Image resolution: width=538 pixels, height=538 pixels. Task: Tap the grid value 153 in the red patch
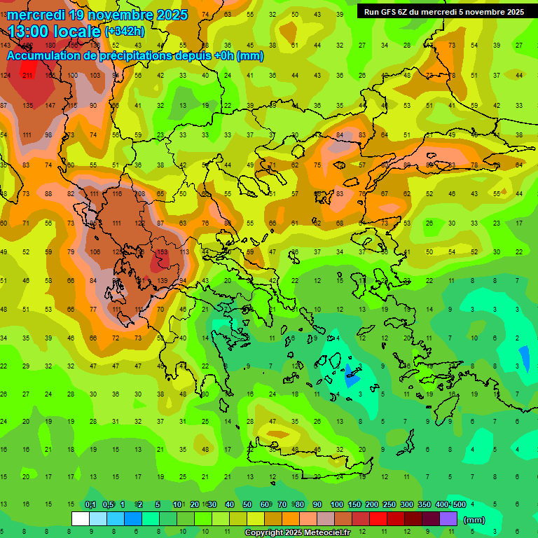point(163,252)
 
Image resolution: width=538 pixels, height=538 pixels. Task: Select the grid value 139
point(163,280)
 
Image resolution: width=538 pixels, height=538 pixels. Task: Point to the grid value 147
point(50,105)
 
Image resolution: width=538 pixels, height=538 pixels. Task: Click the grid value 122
point(140,223)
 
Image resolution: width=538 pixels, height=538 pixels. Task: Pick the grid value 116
point(117,193)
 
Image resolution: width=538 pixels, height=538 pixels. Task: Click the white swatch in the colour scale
point(81,519)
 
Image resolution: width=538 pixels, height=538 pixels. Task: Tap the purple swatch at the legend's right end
point(448,519)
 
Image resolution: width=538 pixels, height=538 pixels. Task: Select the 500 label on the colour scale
point(459,505)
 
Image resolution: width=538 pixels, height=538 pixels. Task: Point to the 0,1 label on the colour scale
point(90,505)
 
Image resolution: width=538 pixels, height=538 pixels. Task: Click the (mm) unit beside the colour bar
point(474,520)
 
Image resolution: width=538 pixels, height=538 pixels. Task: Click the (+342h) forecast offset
point(125,32)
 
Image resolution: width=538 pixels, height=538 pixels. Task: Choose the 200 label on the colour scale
point(371,505)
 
